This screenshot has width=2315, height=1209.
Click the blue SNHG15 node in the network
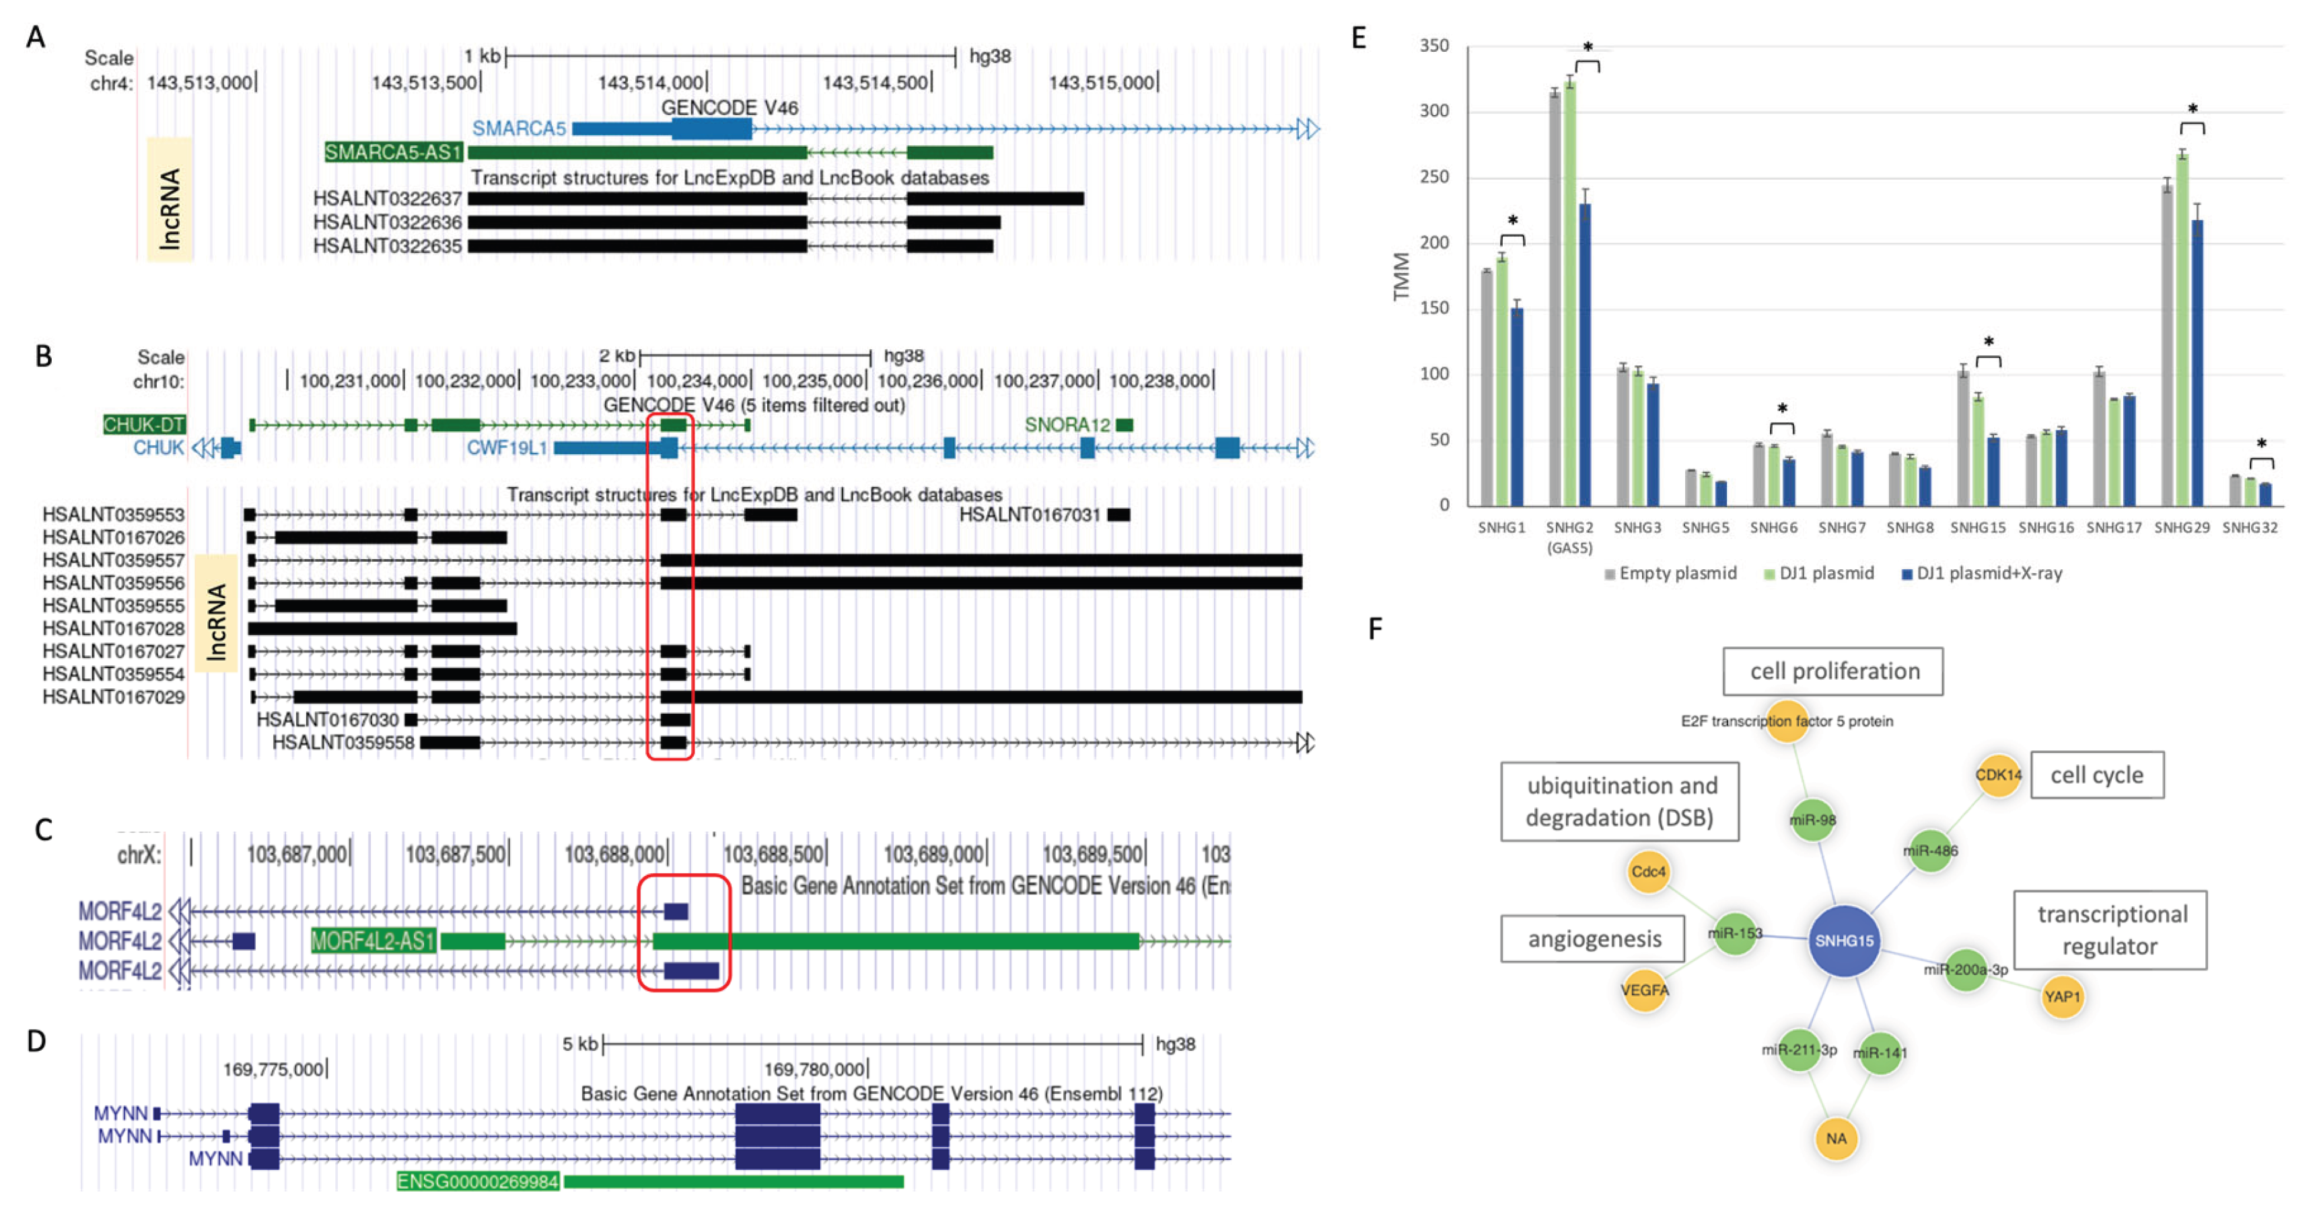(x=1843, y=941)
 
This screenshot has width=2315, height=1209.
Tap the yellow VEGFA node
(x=1645, y=990)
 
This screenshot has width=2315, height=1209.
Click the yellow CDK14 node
(x=1998, y=774)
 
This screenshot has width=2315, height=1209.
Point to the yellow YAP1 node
(x=2061, y=996)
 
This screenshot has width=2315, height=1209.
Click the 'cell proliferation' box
(x=1833, y=671)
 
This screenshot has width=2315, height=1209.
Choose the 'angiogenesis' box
(x=1594, y=939)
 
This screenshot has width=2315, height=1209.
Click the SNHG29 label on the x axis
(x=2181, y=527)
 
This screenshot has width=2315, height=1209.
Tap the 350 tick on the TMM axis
(x=1434, y=46)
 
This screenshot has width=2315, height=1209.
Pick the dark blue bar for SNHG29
(x=2197, y=363)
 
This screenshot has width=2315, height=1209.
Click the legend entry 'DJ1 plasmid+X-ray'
(x=1989, y=573)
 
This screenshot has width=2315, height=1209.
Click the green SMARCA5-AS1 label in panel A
(x=394, y=152)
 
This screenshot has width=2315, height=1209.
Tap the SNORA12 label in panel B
(x=1067, y=424)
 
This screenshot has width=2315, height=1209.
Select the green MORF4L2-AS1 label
(x=373, y=941)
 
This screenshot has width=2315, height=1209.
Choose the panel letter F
(x=1375, y=628)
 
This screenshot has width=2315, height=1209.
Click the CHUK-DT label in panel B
(x=144, y=424)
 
